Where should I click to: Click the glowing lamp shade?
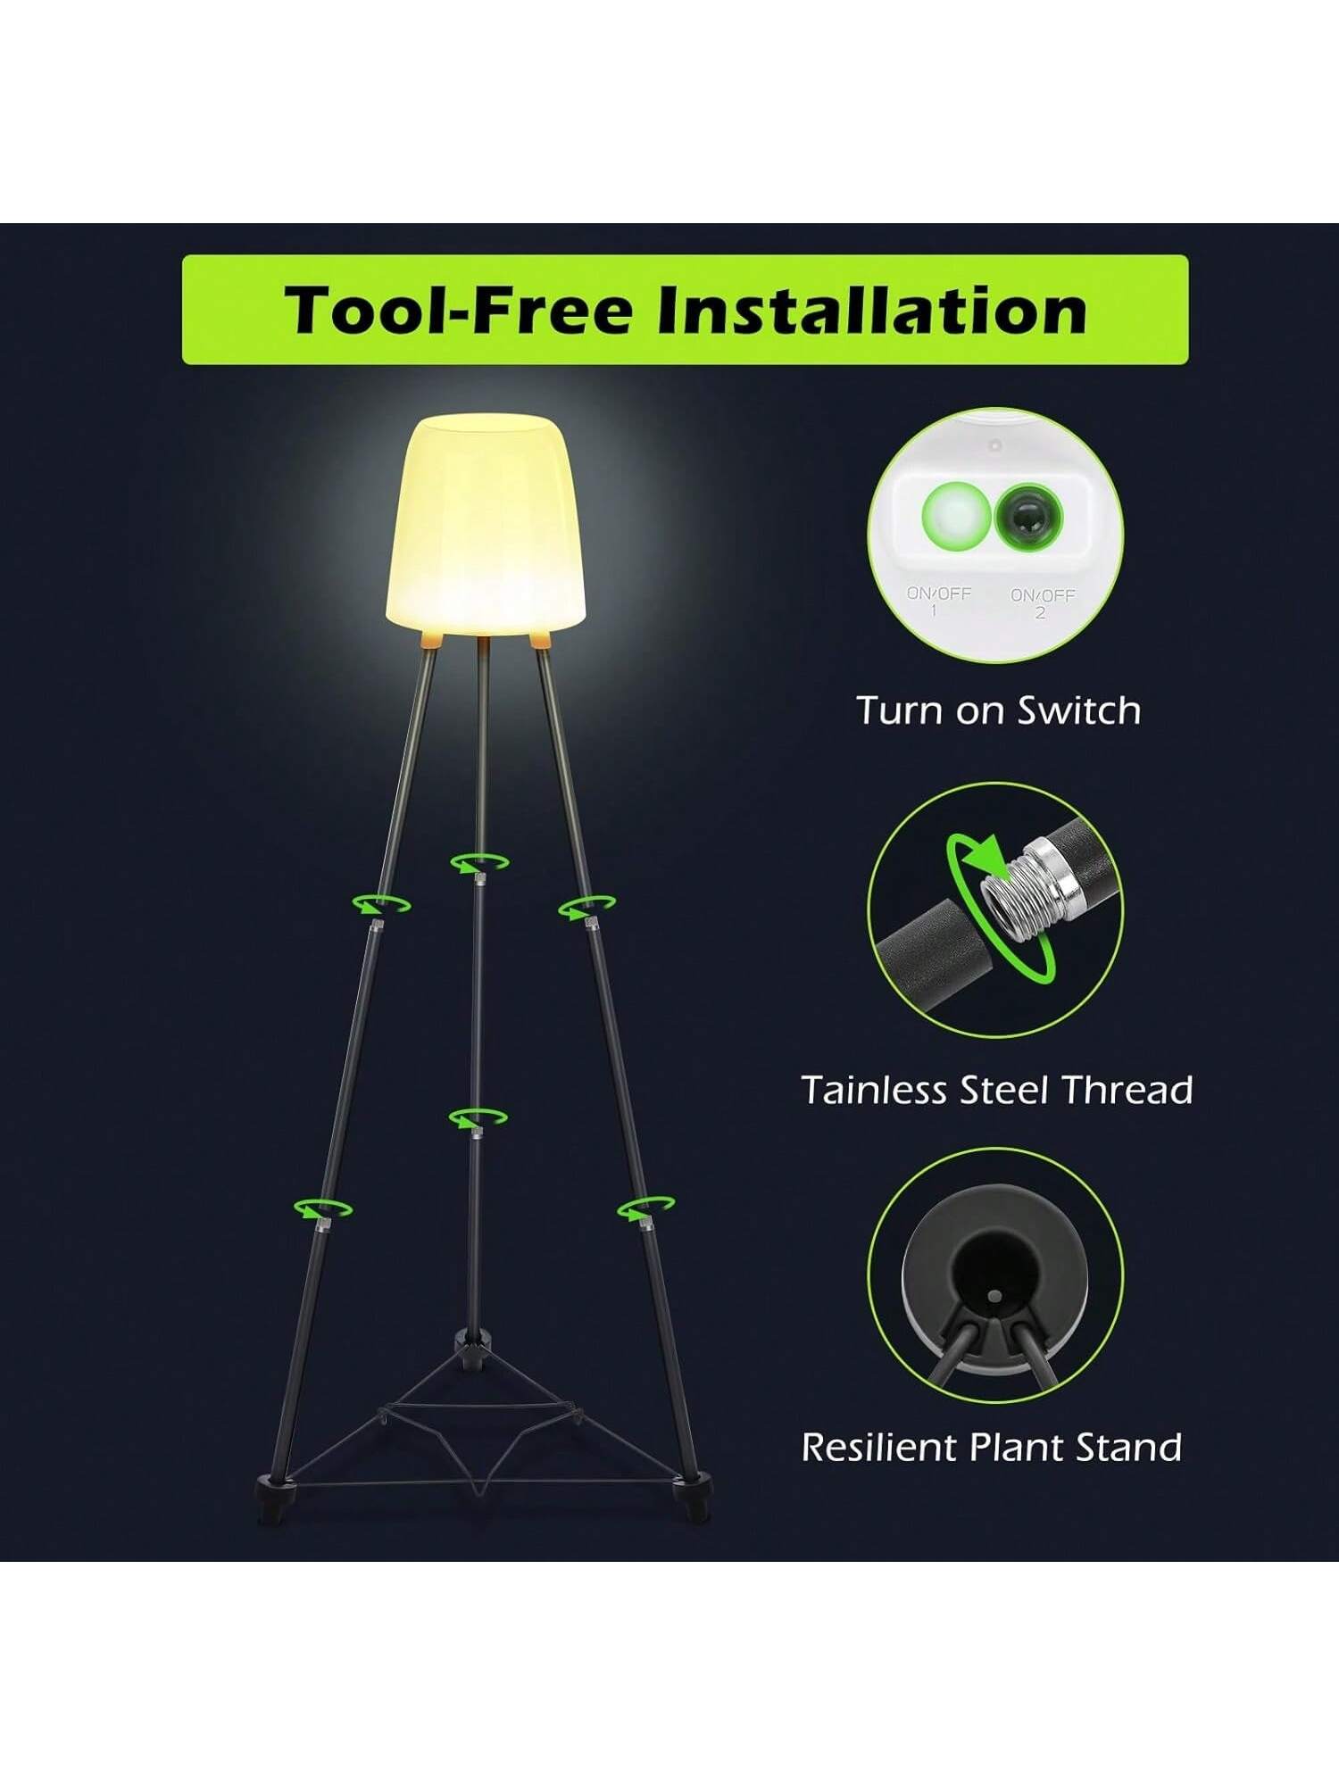click(486, 525)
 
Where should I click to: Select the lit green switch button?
click(955, 512)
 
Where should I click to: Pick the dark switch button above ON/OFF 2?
click(1028, 515)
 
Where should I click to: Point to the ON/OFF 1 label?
click(938, 601)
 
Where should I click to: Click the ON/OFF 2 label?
click(1042, 602)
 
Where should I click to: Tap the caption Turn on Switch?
click(999, 710)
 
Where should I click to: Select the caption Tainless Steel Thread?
click(997, 1090)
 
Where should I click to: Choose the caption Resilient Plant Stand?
click(992, 1447)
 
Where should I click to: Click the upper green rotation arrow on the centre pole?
click(479, 863)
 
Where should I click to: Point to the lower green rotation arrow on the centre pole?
click(478, 1117)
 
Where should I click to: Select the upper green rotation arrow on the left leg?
click(381, 903)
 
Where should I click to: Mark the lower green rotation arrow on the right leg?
click(645, 1208)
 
